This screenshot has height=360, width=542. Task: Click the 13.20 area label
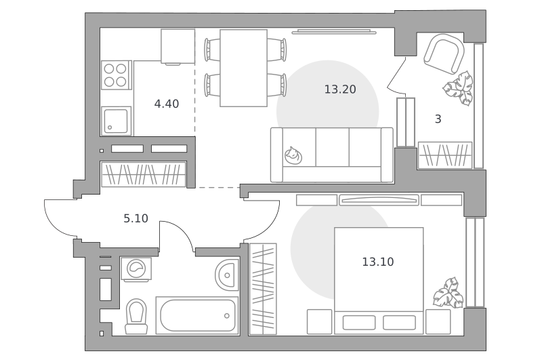pos(340,89)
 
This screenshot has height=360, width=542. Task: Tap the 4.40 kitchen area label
pos(167,104)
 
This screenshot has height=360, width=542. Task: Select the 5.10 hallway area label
pos(136,218)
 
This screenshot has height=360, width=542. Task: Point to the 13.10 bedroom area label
pos(378,262)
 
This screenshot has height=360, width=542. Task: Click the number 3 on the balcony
pos(438,119)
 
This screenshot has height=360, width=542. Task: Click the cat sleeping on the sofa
pos(293,155)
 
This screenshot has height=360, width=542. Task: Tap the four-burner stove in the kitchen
pos(116,75)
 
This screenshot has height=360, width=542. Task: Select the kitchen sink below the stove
pos(116,121)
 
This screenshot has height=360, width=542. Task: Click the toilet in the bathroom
pos(136,316)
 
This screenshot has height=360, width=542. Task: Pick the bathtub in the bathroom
pos(197,315)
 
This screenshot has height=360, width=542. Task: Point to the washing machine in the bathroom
pos(136,269)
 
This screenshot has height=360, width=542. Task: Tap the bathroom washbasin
pos(227,275)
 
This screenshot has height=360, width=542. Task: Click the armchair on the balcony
pos(444,54)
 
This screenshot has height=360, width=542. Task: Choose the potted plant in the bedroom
pos(449,293)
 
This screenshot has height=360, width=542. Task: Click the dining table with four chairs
pos(244,68)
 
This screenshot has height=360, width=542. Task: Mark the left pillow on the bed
pos(359,323)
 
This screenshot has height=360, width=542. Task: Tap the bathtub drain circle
pos(227,316)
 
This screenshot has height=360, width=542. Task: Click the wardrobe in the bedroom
pos(263,289)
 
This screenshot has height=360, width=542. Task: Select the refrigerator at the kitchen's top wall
pos(178,46)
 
